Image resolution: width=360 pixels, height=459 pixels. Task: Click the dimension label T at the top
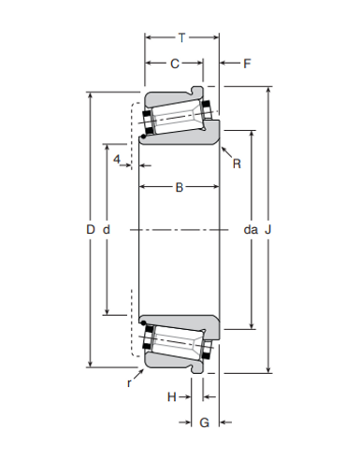pyautogui.click(x=181, y=37)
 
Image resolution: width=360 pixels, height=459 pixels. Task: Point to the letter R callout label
pyautogui.click(x=237, y=165)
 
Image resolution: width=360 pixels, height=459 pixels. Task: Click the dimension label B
pyautogui.click(x=179, y=188)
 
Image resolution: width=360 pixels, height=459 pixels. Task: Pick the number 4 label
pyautogui.click(x=116, y=160)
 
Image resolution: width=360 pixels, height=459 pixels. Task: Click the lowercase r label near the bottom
pyautogui.click(x=128, y=382)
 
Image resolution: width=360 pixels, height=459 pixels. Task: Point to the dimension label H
pyautogui.click(x=171, y=397)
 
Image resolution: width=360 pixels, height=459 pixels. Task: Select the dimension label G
pyautogui.click(x=204, y=423)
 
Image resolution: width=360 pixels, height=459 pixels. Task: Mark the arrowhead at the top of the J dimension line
pyautogui.click(x=269, y=91)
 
